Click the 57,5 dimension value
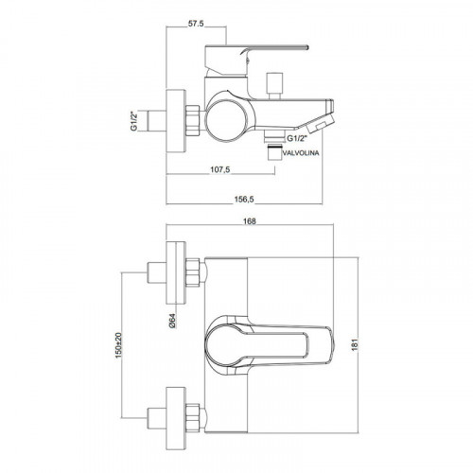tap(196, 24)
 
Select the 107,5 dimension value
tap(220, 169)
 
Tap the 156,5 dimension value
tap(244, 200)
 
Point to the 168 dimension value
tap(250, 221)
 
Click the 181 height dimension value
tap(355, 344)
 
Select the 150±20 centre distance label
tap(118, 346)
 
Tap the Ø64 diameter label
tap(172, 321)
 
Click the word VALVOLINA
tap(301, 153)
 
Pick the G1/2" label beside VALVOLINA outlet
tap(296, 138)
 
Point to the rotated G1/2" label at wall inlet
tap(134, 121)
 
